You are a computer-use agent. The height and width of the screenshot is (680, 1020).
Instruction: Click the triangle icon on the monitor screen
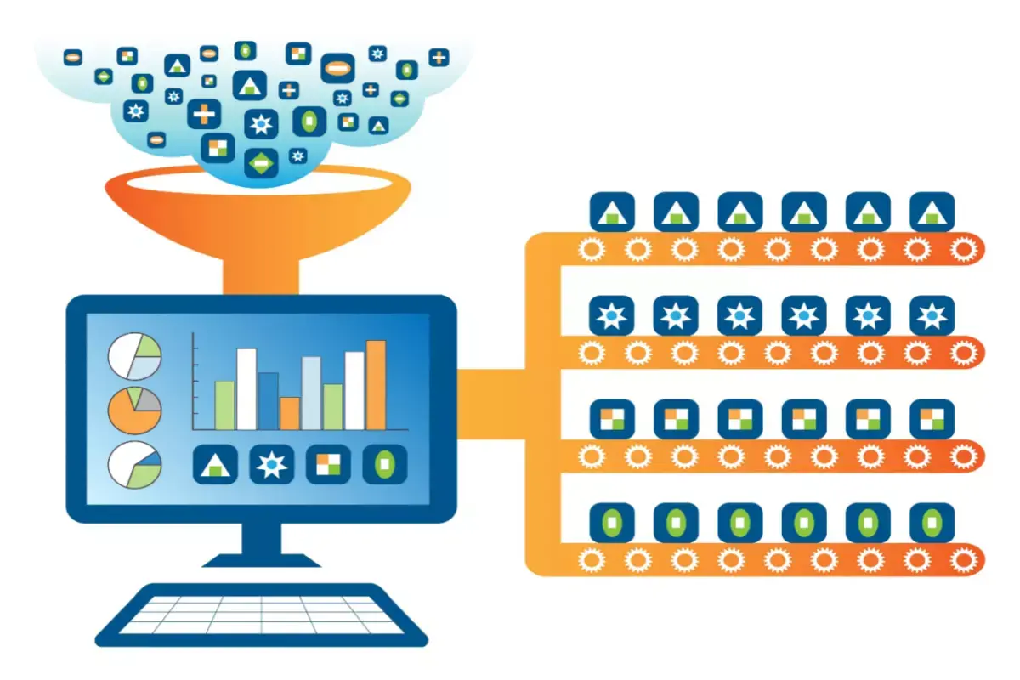click(x=215, y=464)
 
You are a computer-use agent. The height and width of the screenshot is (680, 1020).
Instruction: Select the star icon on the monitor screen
click(x=271, y=464)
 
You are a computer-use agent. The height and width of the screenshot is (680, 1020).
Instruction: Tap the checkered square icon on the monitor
click(x=328, y=464)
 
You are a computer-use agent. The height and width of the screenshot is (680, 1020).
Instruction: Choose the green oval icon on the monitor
click(x=385, y=464)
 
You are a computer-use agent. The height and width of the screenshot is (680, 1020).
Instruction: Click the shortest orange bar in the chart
click(x=289, y=413)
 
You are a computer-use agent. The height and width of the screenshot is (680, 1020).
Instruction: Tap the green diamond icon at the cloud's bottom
click(x=261, y=161)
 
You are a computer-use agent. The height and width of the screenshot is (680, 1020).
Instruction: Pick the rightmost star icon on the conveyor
click(x=932, y=317)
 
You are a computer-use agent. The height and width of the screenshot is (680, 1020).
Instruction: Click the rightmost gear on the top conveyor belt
click(x=962, y=250)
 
